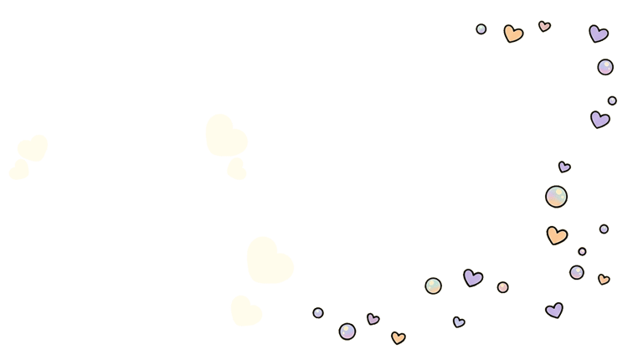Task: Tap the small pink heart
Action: (x=544, y=26)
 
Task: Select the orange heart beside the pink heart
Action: (x=512, y=33)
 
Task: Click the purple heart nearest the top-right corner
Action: (x=598, y=33)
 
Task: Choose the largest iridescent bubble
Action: (x=556, y=197)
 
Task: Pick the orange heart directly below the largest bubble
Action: (x=557, y=235)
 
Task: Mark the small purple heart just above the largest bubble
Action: (x=564, y=167)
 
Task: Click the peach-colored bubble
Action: (x=502, y=287)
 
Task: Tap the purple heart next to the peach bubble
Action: (x=473, y=277)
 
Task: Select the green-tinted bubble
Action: (x=433, y=285)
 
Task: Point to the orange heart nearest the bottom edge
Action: (x=398, y=337)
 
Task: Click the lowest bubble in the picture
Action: (x=347, y=332)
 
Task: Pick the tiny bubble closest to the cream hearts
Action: (x=318, y=312)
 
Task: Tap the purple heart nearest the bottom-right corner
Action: (x=554, y=310)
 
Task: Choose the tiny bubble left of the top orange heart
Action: (x=481, y=29)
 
